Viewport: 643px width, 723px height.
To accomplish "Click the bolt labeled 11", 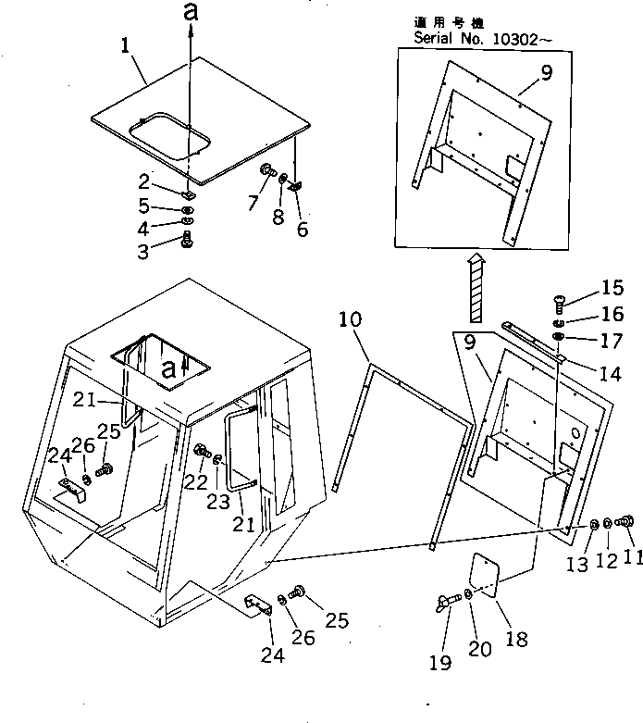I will [x=624, y=524].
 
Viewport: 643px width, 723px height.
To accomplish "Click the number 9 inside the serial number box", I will [x=546, y=73].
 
